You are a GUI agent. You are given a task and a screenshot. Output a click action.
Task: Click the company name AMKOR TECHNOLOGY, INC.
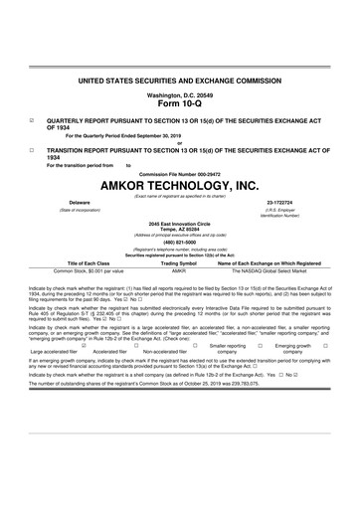coord(180,186)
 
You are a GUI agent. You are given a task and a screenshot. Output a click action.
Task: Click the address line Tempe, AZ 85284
coord(180,228)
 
